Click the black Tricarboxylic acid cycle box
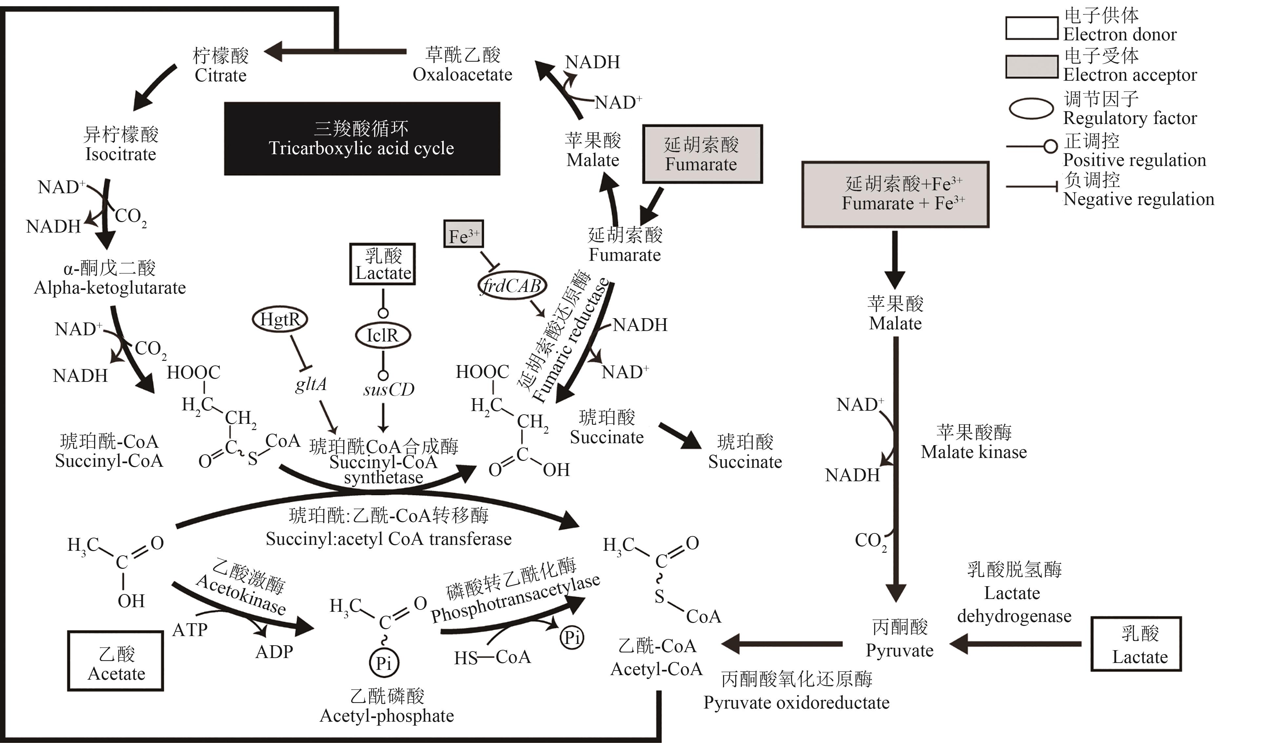(362, 139)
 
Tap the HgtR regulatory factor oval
(280, 319)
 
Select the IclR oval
(383, 335)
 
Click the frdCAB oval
(511, 286)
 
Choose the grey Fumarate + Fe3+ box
(895, 195)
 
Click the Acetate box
(116, 661)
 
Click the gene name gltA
(310, 384)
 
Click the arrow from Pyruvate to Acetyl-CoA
(781, 644)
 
